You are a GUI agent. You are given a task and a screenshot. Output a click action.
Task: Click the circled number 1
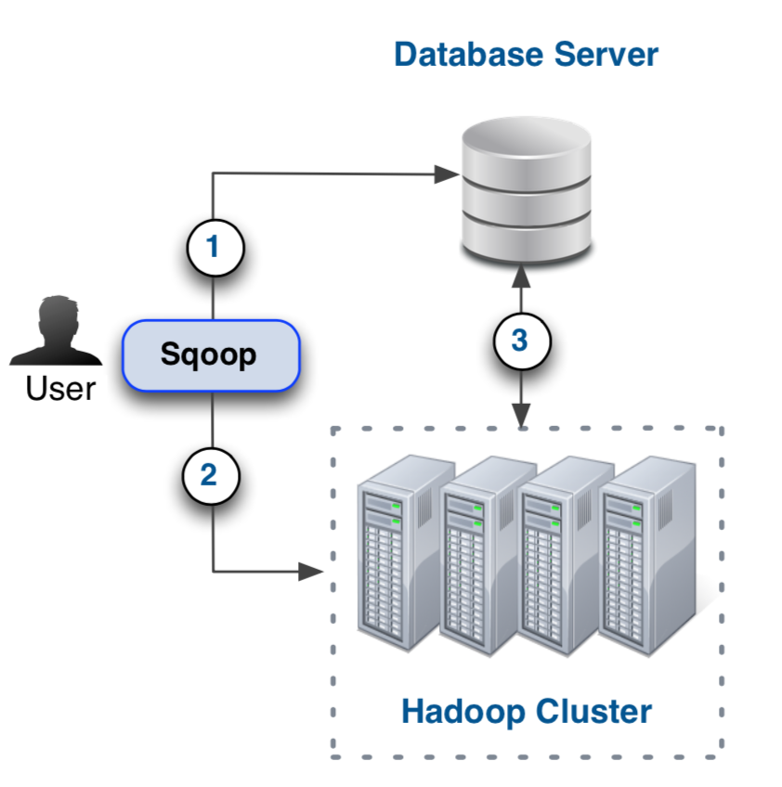(215, 248)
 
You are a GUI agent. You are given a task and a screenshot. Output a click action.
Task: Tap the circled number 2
(210, 475)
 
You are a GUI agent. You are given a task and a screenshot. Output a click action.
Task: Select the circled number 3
(521, 341)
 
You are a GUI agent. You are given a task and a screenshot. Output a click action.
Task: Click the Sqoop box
(212, 355)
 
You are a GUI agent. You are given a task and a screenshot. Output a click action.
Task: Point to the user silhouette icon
(57, 330)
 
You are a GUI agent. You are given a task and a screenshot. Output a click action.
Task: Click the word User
(60, 388)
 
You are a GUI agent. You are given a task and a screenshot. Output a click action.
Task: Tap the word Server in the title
(606, 55)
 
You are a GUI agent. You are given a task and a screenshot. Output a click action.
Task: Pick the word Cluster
(593, 712)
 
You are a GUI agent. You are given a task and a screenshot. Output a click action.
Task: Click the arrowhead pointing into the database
(447, 174)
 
